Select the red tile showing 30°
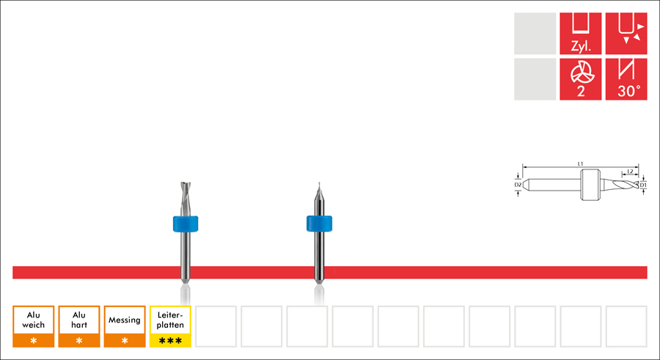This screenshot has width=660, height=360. click(x=626, y=79)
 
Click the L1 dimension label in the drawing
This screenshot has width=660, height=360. click(x=580, y=163)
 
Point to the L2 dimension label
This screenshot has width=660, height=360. click(x=630, y=171)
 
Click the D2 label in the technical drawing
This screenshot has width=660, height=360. click(x=518, y=185)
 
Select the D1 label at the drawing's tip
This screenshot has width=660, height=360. click(x=643, y=185)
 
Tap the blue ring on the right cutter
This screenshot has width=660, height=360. click(x=320, y=223)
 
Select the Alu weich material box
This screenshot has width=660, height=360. click(x=34, y=320)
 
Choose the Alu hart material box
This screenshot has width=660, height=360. click(x=79, y=320)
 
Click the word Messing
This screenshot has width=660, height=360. click(x=124, y=320)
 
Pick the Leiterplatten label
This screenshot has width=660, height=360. click(x=170, y=320)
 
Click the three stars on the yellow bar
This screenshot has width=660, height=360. click(x=170, y=341)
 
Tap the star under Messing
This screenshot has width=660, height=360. click(x=125, y=341)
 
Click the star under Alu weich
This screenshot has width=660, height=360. click(x=34, y=341)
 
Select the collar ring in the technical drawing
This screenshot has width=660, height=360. click(x=590, y=185)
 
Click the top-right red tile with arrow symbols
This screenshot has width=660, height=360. click(x=626, y=33)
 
